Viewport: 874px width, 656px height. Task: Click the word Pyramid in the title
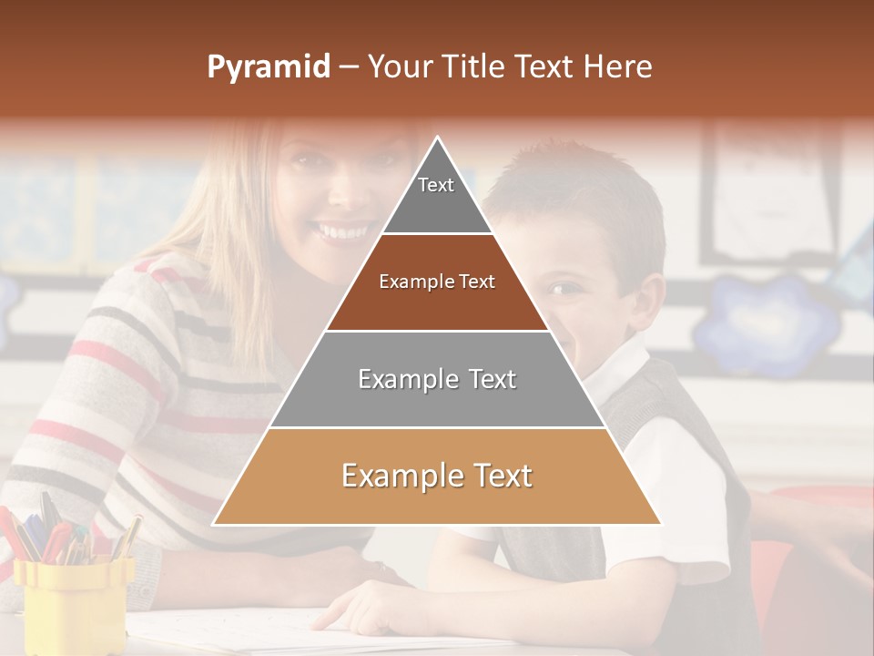coord(268,67)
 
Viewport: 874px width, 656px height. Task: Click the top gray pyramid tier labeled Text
coord(436,196)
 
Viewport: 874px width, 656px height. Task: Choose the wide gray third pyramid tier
coord(437,379)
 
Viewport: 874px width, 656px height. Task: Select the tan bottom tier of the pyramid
coord(437,477)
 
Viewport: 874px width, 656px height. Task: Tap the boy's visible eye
coord(564,290)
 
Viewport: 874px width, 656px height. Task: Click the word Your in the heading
coord(400,67)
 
